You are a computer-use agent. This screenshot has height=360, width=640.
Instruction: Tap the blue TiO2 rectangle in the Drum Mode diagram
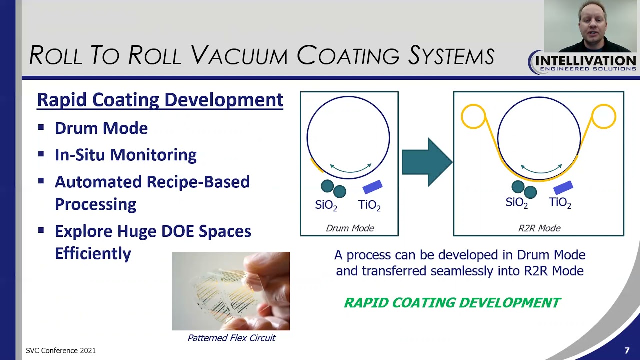coord(372,187)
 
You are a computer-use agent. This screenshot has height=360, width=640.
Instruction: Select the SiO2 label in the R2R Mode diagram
coord(517,203)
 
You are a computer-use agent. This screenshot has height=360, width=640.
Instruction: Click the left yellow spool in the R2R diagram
coord(473,116)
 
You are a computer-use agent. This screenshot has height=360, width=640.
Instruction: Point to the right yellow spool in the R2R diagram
coord(603,116)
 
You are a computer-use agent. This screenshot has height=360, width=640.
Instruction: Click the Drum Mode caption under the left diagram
coord(350,228)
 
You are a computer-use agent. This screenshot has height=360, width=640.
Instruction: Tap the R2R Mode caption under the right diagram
coord(539,228)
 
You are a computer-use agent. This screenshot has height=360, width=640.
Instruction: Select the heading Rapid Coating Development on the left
coord(160,100)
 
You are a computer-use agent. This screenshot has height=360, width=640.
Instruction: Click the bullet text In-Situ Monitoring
coord(125,155)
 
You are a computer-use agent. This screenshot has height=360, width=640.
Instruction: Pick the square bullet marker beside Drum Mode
coord(41,127)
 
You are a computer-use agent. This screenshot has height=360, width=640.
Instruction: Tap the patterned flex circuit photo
coord(230,291)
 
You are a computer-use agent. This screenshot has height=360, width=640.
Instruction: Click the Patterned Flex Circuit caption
coord(231,338)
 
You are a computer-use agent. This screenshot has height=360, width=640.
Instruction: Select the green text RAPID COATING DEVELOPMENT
coord(452,303)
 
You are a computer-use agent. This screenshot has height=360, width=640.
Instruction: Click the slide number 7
coord(627,351)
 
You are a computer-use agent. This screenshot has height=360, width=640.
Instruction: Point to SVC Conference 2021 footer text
coord(61,351)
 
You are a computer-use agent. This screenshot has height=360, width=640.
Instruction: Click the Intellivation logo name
coord(585,60)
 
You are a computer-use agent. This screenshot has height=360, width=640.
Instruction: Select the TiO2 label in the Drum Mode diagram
coord(369,205)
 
